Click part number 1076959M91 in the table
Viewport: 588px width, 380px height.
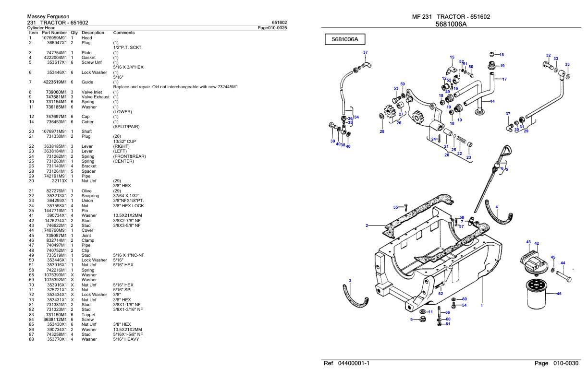point(54,38)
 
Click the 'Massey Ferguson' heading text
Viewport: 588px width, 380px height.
point(41,17)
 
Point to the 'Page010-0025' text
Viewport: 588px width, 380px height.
point(272,28)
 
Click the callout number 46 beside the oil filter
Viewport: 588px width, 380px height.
point(559,294)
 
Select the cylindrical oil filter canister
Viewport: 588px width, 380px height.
point(540,294)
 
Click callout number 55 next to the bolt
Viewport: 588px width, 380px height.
point(396,207)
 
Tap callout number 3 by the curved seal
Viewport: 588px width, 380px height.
point(350,281)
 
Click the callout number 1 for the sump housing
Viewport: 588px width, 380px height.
point(481,305)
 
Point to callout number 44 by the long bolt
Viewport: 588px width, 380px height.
point(563,263)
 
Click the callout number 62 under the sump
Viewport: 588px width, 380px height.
point(441,293)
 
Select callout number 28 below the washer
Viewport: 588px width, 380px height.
point(382,131)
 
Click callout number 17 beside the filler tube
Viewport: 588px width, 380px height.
point(504,79)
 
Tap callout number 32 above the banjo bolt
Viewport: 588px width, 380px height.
point(548,56)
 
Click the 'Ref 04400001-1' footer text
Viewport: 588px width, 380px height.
point(347,363)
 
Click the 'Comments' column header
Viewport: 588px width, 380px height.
point(123,33)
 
